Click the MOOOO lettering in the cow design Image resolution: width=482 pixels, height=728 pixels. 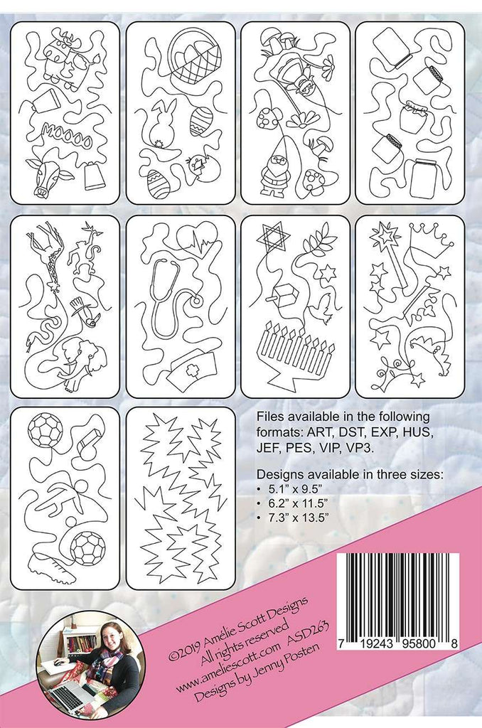click(x=66, y=135)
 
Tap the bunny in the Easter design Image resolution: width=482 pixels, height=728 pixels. click(x=161, y=124)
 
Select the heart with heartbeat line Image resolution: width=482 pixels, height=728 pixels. click(x=197, y=241)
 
